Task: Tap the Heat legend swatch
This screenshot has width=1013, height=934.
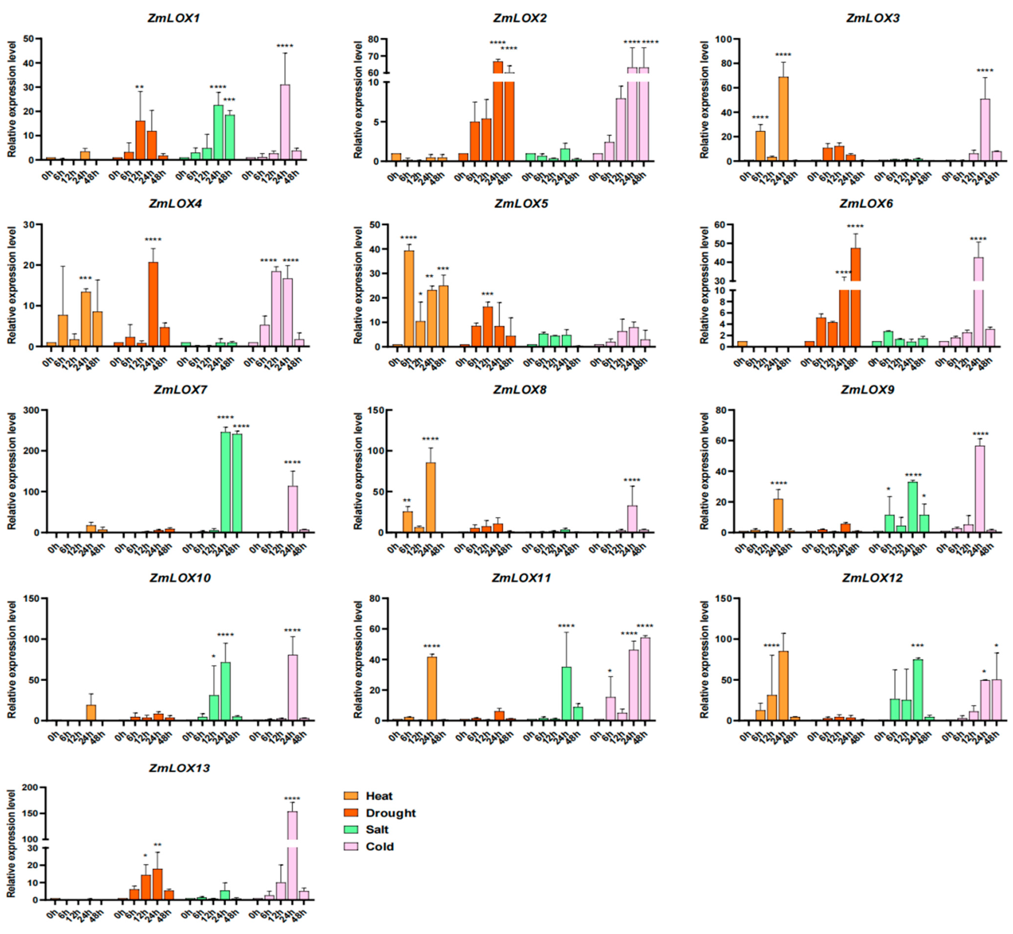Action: tap(351, 796)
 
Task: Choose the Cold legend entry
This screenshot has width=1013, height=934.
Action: tap(379, 847)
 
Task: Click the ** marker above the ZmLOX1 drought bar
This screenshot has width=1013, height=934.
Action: tap(139, 87)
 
